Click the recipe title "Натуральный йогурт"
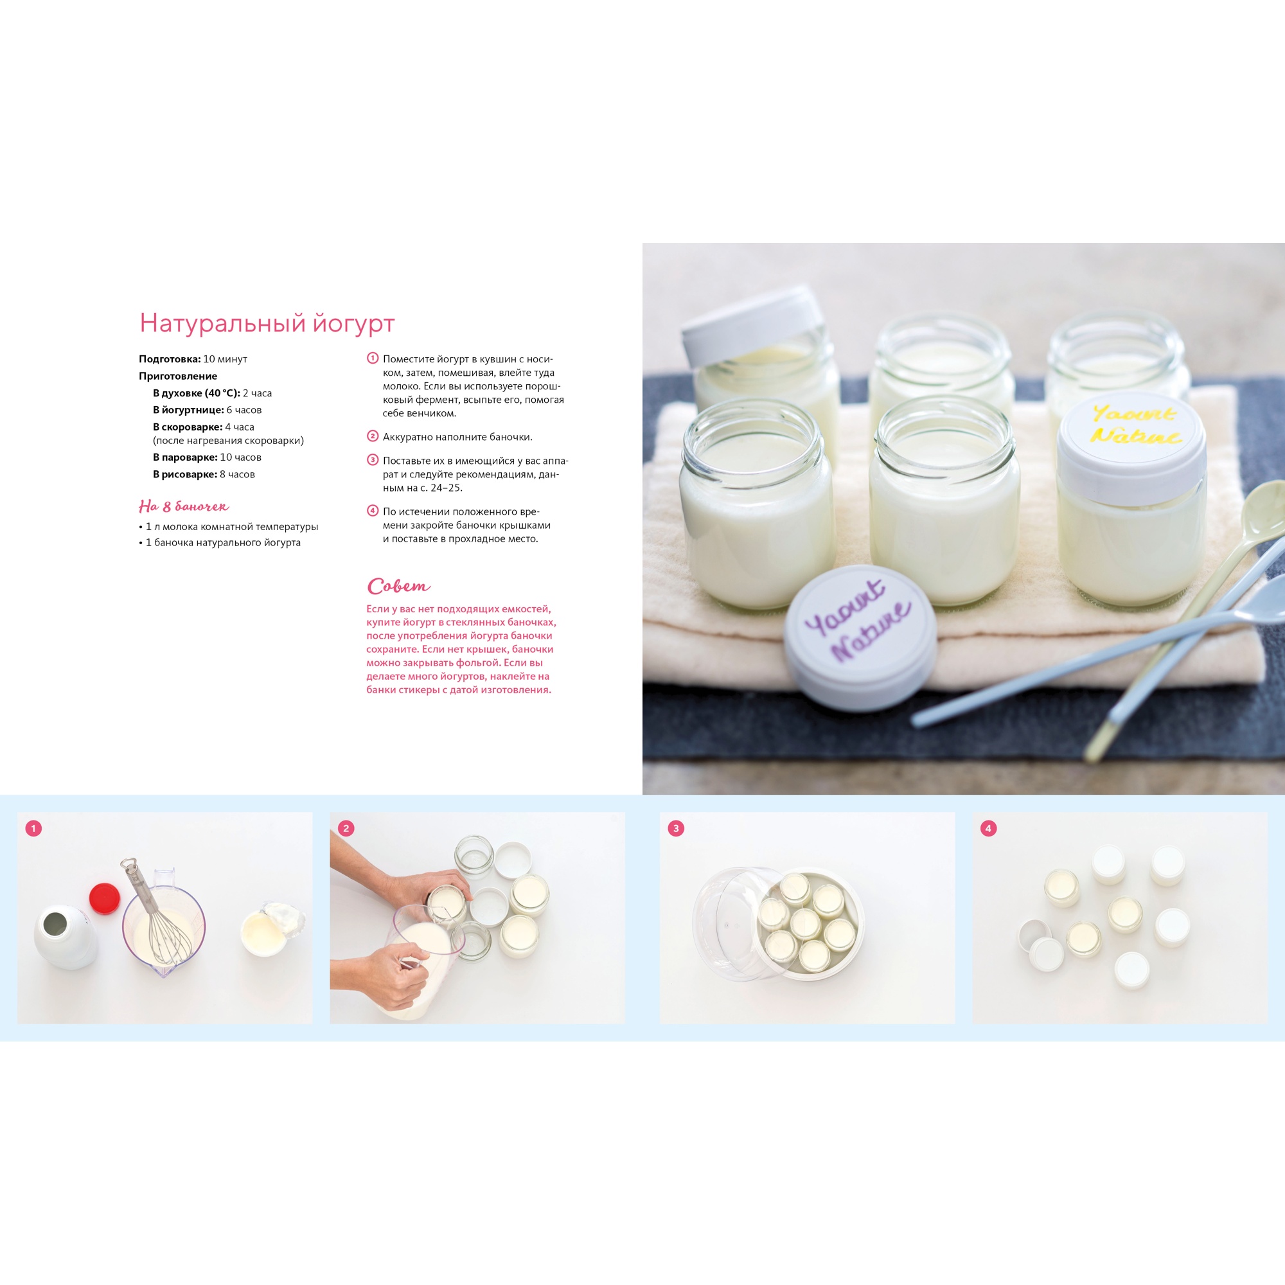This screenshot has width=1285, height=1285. (267, 323)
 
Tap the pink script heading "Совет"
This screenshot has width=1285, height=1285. (398, 586)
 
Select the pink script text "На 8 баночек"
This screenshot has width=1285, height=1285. (184, 506)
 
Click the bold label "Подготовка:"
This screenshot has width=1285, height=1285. (170, 359)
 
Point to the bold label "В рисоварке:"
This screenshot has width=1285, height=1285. (185, 474)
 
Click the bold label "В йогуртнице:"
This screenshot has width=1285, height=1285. (188, 410)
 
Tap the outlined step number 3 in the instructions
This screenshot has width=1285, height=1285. (373, 459)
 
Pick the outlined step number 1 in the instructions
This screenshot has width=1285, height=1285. (373, 358)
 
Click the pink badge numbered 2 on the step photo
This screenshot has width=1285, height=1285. (345, 828)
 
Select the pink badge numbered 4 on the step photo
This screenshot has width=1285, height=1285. (988, 828)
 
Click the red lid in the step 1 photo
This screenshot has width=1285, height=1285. (105, 896)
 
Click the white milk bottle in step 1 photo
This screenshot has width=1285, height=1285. (65, 937)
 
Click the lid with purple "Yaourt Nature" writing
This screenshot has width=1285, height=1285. (860, 637)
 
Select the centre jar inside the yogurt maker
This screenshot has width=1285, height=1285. (806, 924)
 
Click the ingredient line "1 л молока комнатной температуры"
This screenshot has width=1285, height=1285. (229, 527)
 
